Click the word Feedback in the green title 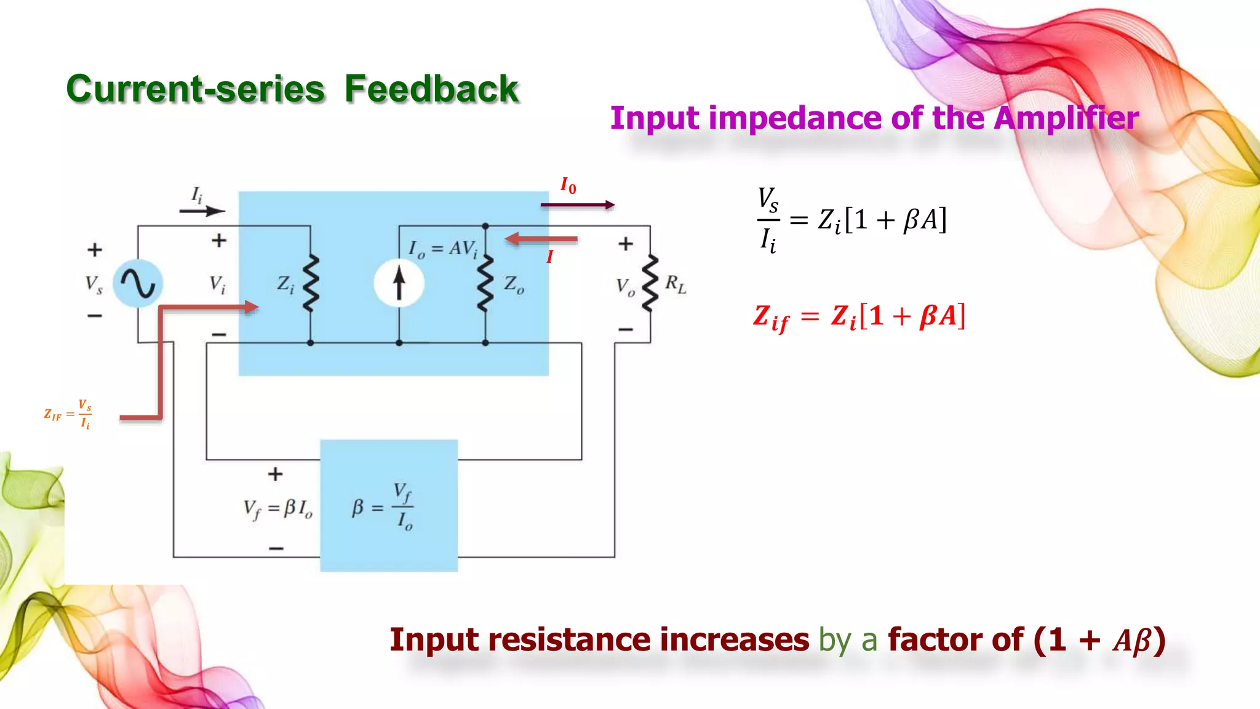point(431,89)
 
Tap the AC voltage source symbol point(138,284)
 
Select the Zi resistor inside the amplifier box point(311,283)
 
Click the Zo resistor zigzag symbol point(486,283)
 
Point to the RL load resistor point(650,283)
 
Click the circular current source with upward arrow point(399,284)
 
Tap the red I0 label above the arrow point(568,185)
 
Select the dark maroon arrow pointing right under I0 point(577,205)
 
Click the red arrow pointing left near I point(541,239)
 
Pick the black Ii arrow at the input point(202,211)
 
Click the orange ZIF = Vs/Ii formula point(68,414)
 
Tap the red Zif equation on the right point(859,317)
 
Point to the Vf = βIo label point(277,509)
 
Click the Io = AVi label point(443,249)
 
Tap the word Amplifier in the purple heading point(1066,118)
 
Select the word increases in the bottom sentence point(735,640)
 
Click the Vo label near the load point(625,287)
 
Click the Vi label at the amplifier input point(217,284)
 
